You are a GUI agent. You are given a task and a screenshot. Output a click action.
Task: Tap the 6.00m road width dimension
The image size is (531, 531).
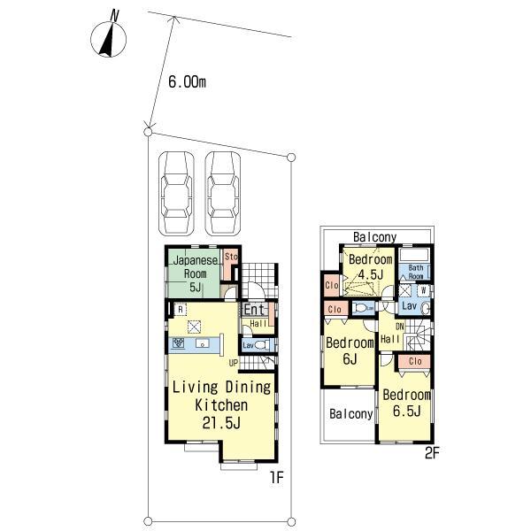pyautogui.click(x=188, y=82)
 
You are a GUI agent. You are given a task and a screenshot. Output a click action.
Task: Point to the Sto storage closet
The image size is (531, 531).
pyautogui.click(x=232, y=258)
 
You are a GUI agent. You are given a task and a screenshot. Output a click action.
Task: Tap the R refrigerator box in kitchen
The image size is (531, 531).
pyautogui.click(x=180, y=310)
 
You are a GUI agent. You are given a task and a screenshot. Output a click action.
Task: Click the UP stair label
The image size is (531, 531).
pyautogui.click(x=233, y=363)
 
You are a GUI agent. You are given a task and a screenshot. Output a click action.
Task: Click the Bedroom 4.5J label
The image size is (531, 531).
pyautogui.click(x=369, y=266)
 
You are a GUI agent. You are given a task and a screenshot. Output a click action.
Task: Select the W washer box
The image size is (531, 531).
pyautogui.click(x=424, y=289)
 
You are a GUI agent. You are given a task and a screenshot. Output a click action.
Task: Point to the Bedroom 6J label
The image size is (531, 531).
pyautogui.click(x=349, y=350)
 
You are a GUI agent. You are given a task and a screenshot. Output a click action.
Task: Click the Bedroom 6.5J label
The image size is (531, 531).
pyautogui.click(x=407, y=404)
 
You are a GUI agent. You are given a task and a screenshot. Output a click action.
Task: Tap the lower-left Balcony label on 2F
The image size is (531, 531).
pyautogui.click(x=350, y=413)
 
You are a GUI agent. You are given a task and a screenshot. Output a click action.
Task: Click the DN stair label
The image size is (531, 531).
pyautogui.click(x=398, y=327)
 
